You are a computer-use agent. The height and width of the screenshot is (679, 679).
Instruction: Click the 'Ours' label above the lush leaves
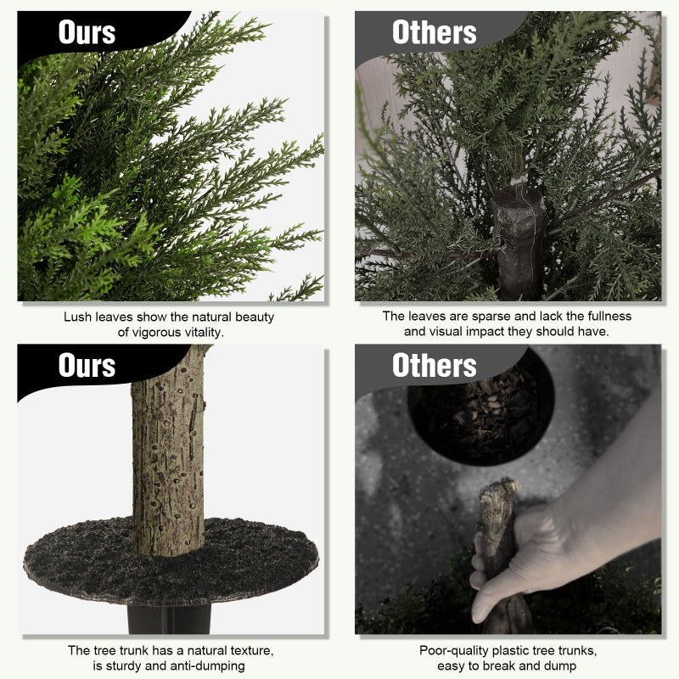click(87, 32)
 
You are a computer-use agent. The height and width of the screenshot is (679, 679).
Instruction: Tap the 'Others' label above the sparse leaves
click(435, 32)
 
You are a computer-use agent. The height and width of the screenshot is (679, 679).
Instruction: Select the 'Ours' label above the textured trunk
click(87, 365)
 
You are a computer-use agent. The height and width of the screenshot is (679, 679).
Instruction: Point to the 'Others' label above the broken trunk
click(435, 365)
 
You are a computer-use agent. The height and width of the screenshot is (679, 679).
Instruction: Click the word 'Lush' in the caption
click(77, 317)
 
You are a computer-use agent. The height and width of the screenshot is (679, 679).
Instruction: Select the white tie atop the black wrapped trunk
click(519, 179)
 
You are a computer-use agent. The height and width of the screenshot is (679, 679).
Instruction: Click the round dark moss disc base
click(171, 561)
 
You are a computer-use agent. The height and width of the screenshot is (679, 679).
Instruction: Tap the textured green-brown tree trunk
click(168, 451)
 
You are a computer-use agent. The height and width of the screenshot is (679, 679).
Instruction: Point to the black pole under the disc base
click(169, 620)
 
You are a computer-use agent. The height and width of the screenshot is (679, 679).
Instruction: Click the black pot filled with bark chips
click(480, 412)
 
